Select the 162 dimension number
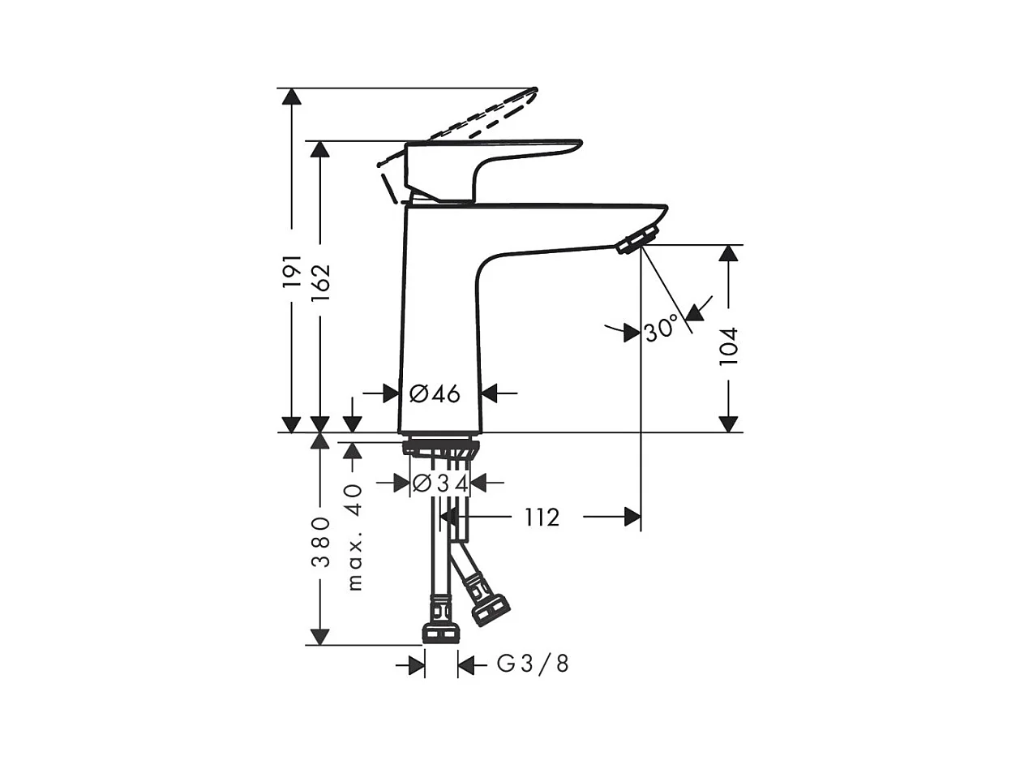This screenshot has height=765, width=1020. pyautogui.click(x=320, y=282)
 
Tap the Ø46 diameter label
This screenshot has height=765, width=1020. pyautogui.click(x=435, y=394)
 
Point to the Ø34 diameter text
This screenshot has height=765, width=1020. pyautogui.click(x=440, y=483)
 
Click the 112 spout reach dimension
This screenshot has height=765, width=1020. pyautogui.click(x=541, y=517)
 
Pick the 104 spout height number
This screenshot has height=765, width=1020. pyautogui.click(x=729, y=346)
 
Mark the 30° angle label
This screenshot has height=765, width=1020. pyautogui.click(x=661, y=330)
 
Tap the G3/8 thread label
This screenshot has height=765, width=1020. pyautogui.click(x=533, y=665)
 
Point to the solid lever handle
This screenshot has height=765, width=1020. pyautogui.click(x=486, y=158)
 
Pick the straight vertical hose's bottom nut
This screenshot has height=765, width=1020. pyautogui.click(x=440, y=633)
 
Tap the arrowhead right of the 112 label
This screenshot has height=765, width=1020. pyautogui.click(x=632, y=517)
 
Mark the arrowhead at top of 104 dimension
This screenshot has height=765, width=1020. pyautogui.click(x=729, y=252)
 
